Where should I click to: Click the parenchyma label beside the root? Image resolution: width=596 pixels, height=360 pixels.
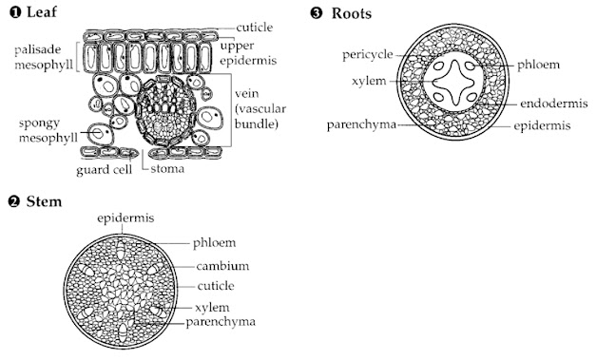point(361,124)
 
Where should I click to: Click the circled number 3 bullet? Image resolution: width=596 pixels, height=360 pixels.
point(316,13)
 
